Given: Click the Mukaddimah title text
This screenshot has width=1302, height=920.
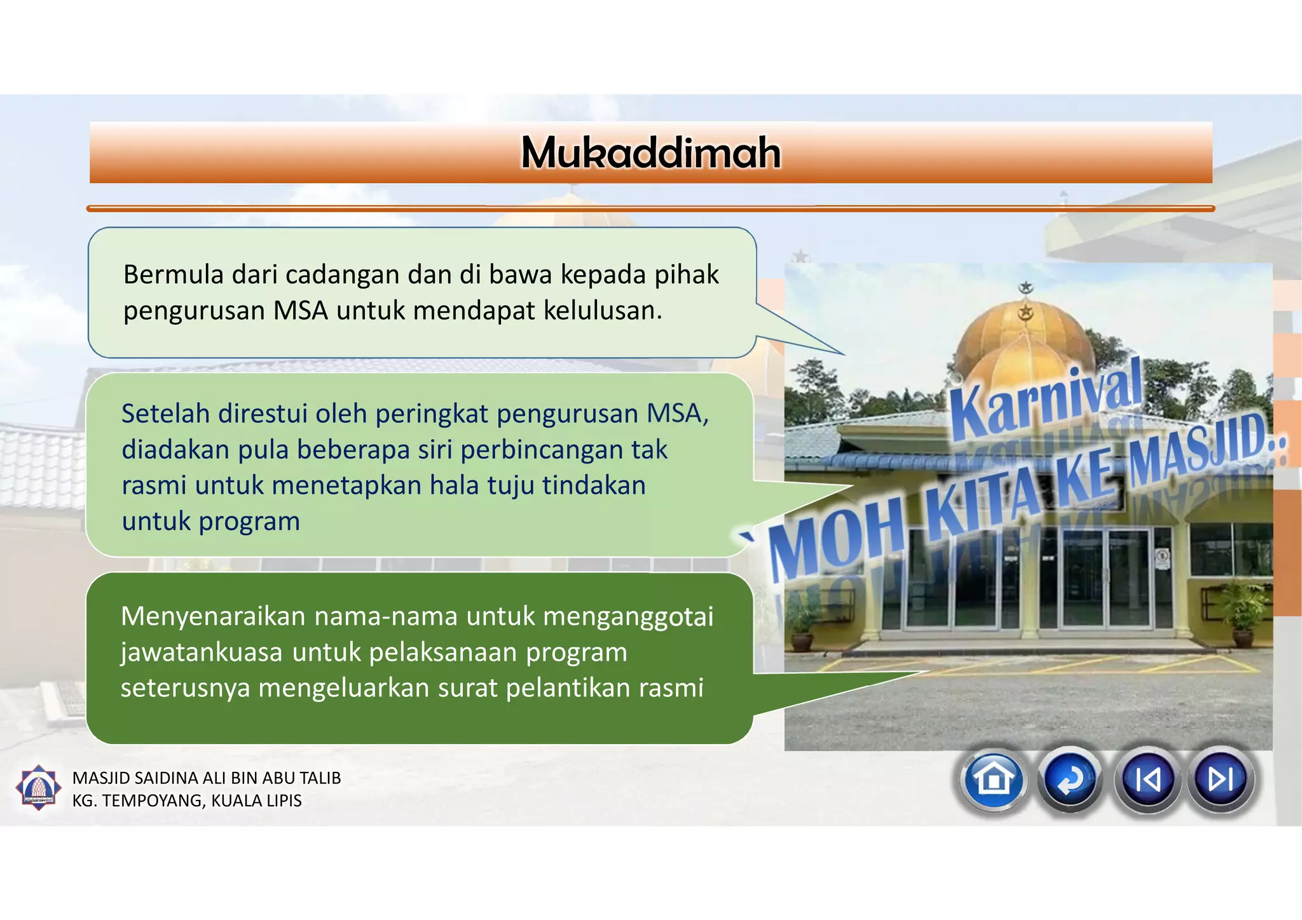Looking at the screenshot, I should [650, 153].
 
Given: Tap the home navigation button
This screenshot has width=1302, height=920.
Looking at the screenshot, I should [994, 779].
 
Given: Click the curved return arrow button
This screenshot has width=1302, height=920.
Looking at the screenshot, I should [1071, 780].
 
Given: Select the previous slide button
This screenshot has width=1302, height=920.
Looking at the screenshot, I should [1147, 780].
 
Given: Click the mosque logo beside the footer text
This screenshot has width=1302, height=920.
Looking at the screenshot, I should [38, 788].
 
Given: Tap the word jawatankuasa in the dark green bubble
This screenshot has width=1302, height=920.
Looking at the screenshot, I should [202, 653].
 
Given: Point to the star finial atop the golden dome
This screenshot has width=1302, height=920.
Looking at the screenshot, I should [1025, 288].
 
